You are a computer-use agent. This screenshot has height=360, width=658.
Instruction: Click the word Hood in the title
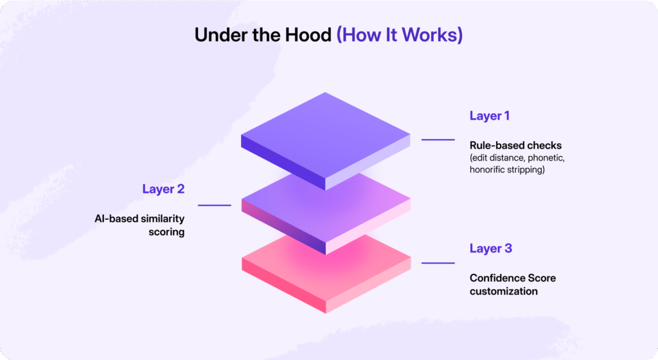coord(308,35)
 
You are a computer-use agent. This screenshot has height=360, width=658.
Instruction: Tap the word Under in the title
coord(221,35)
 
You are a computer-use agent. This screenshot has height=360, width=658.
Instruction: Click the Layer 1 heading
coord(489,116)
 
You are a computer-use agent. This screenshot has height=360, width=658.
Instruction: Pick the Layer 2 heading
coord(163,189)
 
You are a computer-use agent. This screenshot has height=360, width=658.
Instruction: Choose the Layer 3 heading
coord(490,248)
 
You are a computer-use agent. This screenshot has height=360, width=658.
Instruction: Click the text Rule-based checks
coord(515,145)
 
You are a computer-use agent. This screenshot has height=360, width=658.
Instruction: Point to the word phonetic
coord(546,157)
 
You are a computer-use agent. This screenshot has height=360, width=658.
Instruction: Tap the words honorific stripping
coord(507,170)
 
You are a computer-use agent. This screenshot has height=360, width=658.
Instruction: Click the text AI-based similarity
coord(139,219)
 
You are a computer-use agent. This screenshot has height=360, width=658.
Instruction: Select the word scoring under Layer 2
coord(166,232)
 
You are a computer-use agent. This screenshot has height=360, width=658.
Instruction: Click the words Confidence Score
coord(512,278)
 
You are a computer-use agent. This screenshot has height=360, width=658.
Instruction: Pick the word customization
coord(504,291)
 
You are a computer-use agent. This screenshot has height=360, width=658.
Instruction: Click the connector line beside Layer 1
coord(438,139)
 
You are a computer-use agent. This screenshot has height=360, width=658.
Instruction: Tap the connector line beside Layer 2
coord(215,205)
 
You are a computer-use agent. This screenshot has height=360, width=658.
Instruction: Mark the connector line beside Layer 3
coord(438,263)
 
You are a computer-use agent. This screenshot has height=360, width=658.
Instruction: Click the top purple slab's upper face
coord(325,135)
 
